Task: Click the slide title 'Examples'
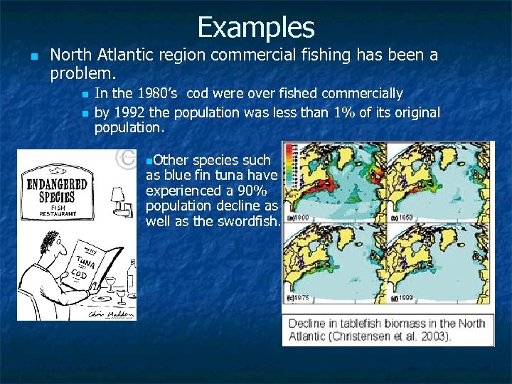[x=256, y=27]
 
